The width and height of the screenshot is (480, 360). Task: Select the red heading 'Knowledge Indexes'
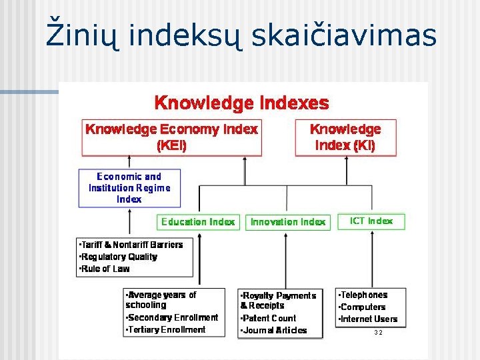pos(241,103)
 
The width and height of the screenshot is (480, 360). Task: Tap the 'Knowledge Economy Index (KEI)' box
pos(171,137)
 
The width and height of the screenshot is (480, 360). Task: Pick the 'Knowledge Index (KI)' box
pos(345,137)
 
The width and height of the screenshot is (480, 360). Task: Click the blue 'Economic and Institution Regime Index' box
pos(129,187)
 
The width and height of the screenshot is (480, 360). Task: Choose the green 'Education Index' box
pos(198,222)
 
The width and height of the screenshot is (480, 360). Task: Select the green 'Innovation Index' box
pos(288,222)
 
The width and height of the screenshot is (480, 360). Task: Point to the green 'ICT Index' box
pos(371,221)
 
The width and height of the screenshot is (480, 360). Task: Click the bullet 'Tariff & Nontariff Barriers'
pos(131,245)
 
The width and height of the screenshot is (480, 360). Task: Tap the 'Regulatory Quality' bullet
pos(118,257)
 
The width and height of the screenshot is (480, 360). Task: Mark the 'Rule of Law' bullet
pos(105,269)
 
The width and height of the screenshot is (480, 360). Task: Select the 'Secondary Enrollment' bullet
pos(172,317)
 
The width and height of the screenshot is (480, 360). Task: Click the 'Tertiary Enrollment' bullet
pos(166,329)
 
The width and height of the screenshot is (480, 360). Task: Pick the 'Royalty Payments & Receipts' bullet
pos(278,300)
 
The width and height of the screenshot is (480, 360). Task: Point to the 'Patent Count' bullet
pos(269,318)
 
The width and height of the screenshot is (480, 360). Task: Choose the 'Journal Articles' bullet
pos(274,330)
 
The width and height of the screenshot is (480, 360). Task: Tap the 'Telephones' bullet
pos(363,295)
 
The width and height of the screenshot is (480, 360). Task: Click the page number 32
pos(378,332)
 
